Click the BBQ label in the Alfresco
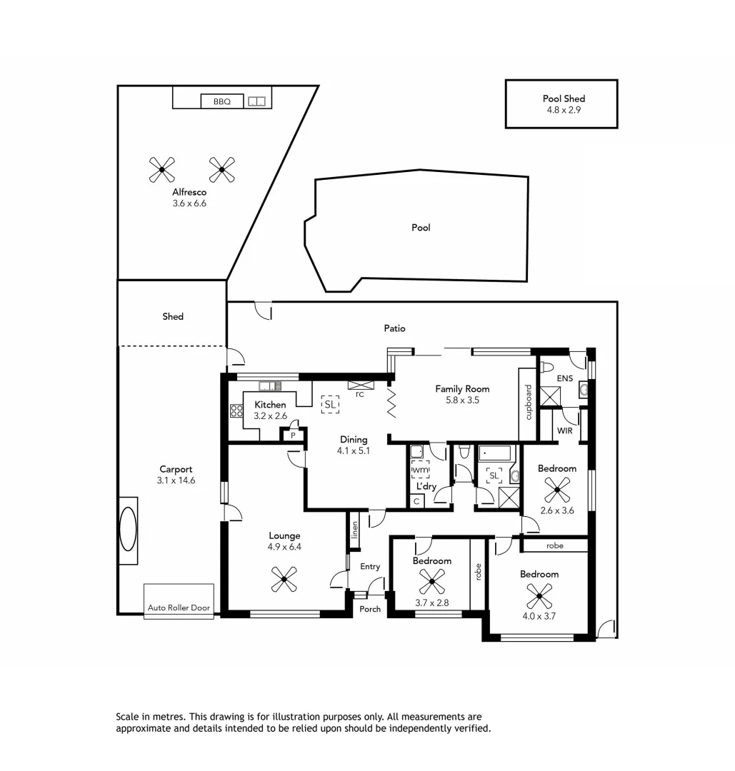(221, 102)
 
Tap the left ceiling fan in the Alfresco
(162, 169)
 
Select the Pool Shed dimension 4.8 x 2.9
(561, 111)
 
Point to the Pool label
(421, 228)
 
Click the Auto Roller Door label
(179, 608)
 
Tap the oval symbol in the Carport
(128, 530)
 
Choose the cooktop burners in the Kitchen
(236, 410)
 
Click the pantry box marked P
(293, 435)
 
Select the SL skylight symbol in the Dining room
(329, 405)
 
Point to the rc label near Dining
(359, 393)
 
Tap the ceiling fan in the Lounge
(284, 579)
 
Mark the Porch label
(370, 609)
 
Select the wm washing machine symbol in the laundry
(420, 470)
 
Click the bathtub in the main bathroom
(495, 453)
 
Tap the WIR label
(565, 431)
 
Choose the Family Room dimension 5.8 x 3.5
(462, 400)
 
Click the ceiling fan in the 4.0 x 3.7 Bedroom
(539, 595)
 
